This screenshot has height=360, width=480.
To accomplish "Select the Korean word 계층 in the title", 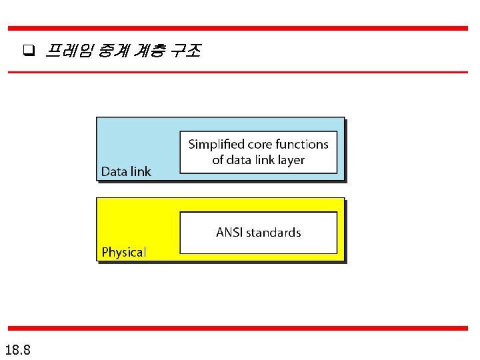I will click(148, 51).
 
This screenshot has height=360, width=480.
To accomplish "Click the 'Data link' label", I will click(126, 172).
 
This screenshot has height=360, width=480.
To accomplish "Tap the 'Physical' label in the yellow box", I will click(123, 252).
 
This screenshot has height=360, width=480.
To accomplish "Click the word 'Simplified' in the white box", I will click(216, 144).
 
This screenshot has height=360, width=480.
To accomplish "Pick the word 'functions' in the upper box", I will click(303, 144).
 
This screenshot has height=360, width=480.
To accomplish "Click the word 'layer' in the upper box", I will click(290, 160).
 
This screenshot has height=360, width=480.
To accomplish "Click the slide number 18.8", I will click(21, 350).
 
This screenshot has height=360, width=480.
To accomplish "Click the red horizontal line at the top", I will click(238, 29).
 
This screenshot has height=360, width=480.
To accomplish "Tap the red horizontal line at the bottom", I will click(238, 328).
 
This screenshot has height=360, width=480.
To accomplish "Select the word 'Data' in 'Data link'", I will click(114, 172).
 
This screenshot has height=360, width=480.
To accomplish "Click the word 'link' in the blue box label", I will click(140, 172).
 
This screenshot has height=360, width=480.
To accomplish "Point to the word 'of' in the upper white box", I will click(218, 160).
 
